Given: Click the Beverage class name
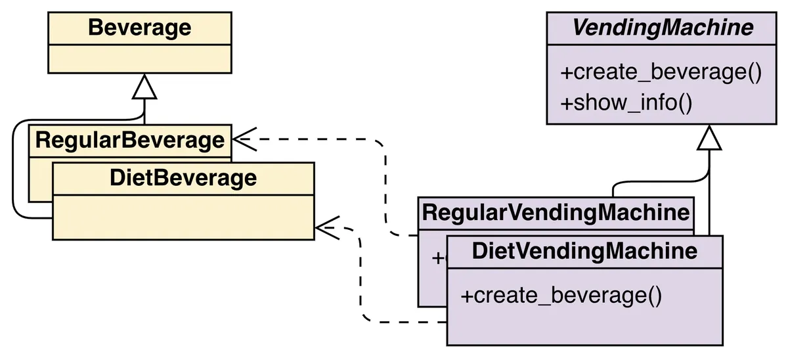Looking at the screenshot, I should coord(139,28).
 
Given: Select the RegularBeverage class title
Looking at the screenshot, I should coord(129,140).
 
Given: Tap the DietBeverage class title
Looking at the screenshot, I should coord(183,178).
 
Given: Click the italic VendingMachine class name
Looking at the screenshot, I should coord(662,28).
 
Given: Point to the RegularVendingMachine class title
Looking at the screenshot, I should coord(555,213).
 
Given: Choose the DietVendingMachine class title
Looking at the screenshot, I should coord(584,251).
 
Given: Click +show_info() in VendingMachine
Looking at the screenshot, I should coord(626,104).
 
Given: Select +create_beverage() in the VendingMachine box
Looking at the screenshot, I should coord(661,72).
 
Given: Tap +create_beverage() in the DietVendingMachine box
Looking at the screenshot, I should coord(561,296).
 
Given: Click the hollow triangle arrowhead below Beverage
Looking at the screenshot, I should coord(144,87).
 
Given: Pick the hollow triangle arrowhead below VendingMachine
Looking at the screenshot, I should coord(709,137).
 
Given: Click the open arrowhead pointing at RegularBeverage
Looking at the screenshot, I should coord(243,139).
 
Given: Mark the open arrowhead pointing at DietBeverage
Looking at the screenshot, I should coord(326,228).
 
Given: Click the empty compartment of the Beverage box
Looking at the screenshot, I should coord(139,58).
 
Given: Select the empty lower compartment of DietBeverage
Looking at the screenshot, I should coord(183,217).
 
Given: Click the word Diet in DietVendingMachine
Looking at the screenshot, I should coord(491,251).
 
